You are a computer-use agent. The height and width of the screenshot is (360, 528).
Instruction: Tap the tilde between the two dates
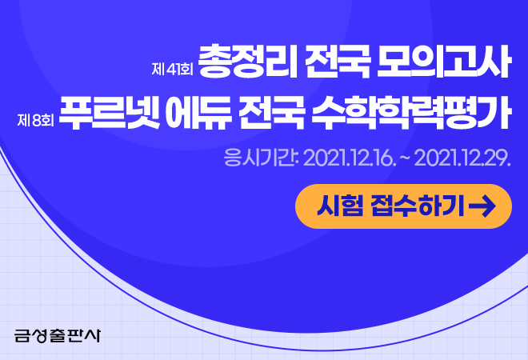[402, 158]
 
